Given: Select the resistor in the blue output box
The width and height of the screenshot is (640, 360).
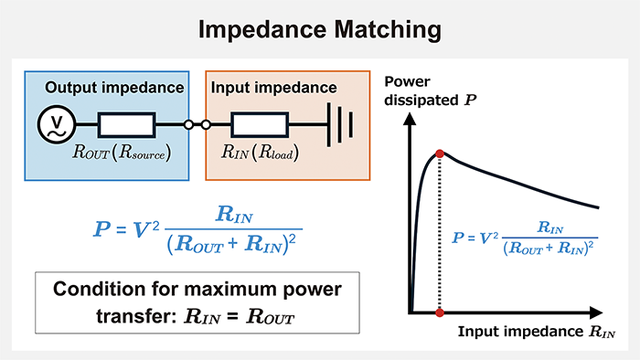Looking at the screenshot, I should click(x=126, y=124).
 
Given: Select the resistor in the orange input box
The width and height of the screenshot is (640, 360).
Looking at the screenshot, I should click(x=260, y=124).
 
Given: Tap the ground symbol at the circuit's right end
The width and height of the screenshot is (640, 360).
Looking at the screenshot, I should click(x=339, y=124).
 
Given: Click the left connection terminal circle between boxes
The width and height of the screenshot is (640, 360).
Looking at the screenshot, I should click(x=190, y=124).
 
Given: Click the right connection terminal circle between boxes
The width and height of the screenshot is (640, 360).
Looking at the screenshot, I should click(x=207, y=124).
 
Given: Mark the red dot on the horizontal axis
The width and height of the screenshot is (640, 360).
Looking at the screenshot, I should click(x=441, y=312).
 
